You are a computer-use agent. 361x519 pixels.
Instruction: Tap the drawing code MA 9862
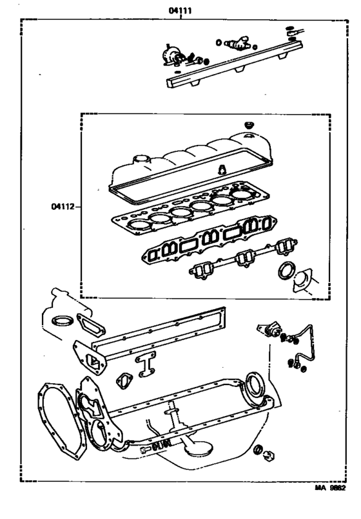(x=333, y=507)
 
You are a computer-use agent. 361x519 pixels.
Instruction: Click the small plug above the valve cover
(x=248, y=123)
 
